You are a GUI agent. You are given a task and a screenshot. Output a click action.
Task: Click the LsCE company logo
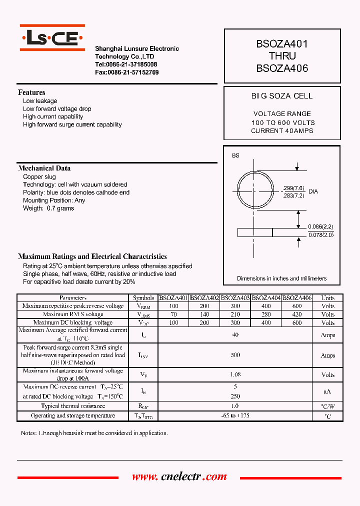52,38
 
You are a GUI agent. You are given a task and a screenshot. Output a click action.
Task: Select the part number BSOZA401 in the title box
282,44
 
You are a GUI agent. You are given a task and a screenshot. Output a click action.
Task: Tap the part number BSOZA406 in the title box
282,68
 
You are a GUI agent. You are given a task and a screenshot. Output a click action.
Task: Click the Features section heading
31,92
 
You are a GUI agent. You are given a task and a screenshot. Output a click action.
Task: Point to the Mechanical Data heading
44,168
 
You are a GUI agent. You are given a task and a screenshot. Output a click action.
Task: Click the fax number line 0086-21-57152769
127,72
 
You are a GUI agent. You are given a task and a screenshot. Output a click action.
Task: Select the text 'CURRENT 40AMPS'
282,131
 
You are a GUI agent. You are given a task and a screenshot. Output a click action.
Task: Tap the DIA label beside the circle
313,191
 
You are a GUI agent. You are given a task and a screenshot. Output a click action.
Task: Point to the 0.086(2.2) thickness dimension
321,226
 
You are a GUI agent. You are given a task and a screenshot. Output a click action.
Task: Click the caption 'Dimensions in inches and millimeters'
281,278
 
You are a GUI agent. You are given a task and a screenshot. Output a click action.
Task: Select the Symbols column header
143,298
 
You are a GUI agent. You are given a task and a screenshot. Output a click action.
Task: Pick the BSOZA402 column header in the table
204,298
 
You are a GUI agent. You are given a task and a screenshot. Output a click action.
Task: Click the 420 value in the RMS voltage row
297,314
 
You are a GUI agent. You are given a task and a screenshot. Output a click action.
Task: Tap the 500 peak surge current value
235,355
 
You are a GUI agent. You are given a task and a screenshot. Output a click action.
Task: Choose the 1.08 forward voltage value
235,374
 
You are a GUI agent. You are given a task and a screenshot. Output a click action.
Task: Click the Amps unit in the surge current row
327,355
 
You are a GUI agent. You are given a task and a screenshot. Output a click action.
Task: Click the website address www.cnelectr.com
179,477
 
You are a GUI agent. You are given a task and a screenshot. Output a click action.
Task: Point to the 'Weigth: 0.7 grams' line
48,208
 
